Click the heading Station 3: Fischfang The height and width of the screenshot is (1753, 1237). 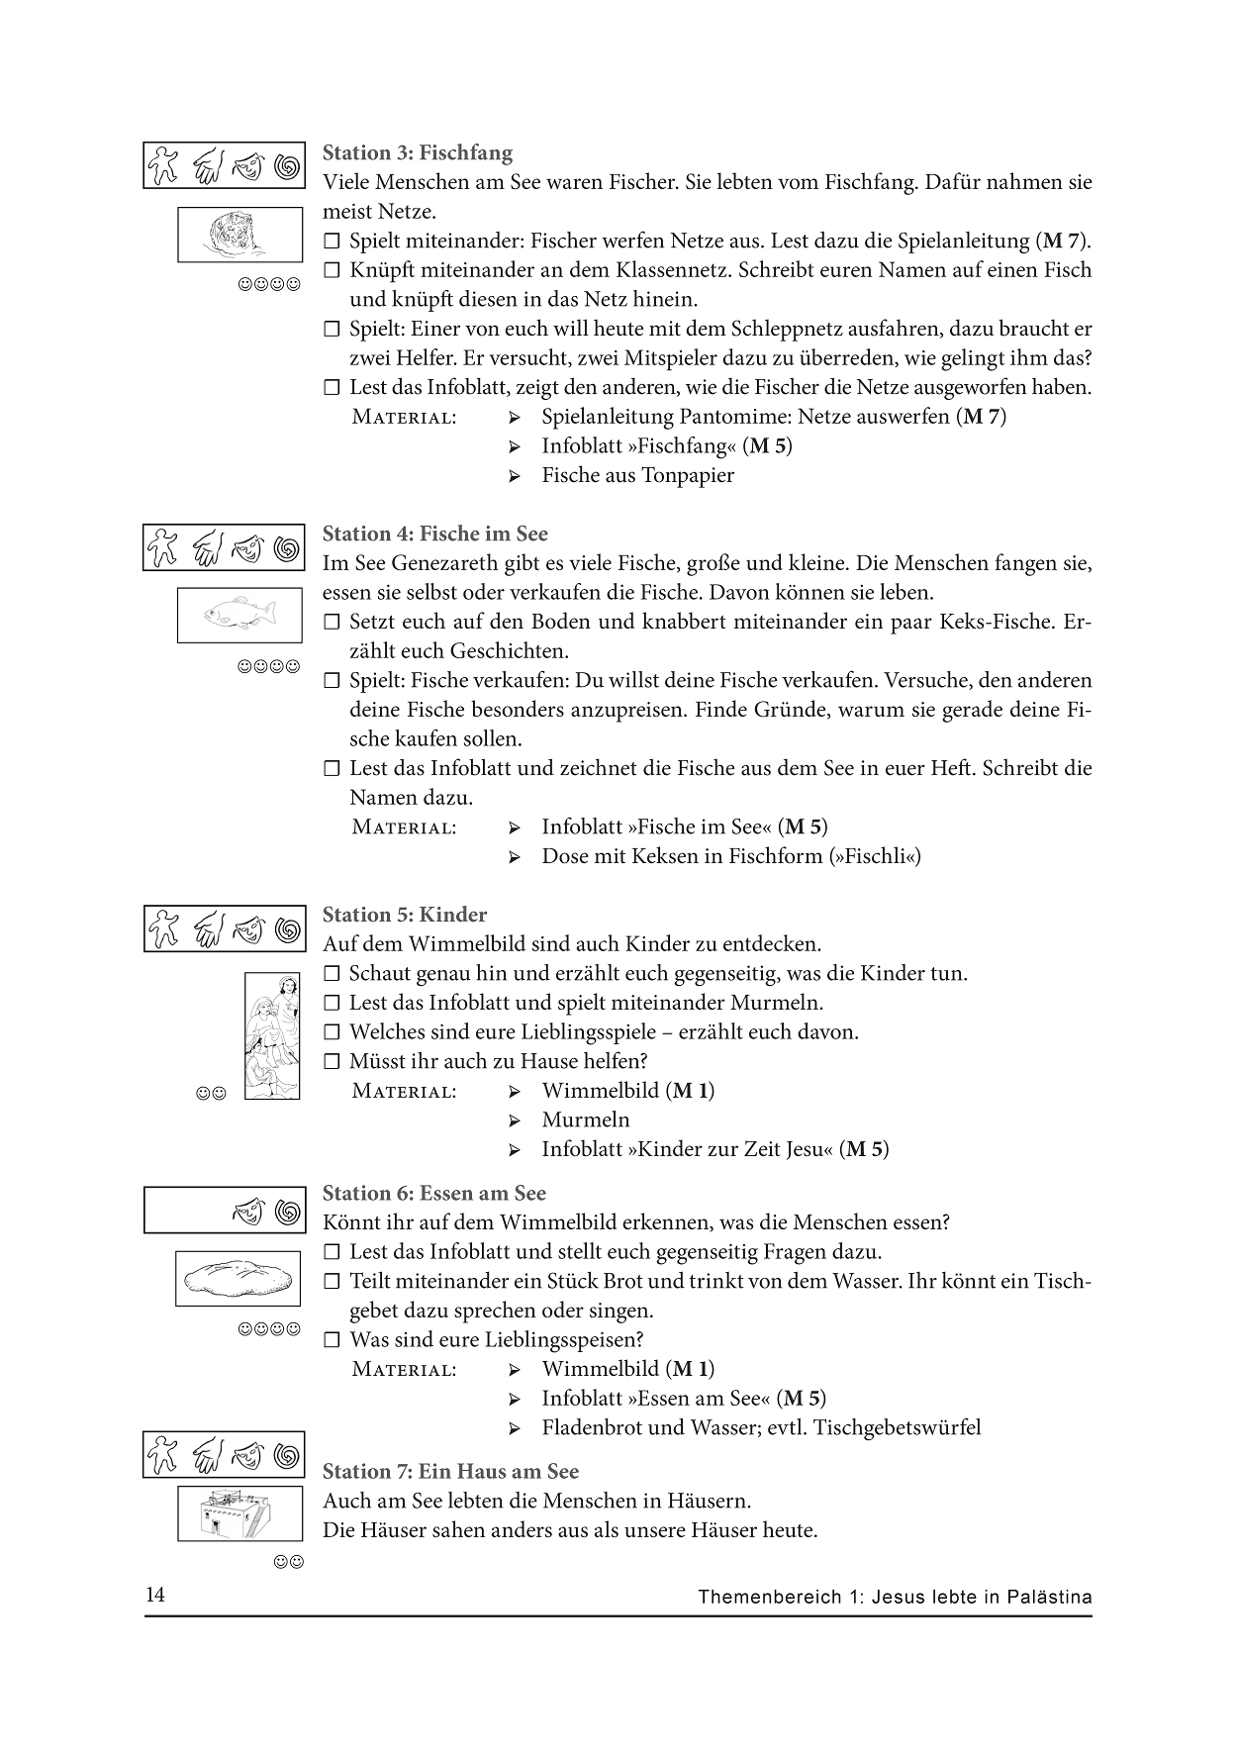click(x=418, y=153)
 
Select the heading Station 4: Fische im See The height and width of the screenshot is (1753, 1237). click(x=434, y=535)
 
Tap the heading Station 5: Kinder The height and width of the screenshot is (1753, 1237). click(x=405, y=916)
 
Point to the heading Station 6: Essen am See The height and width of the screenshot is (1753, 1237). click(x=434, y=1194)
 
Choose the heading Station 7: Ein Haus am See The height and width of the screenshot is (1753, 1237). click(x=450, y=1472)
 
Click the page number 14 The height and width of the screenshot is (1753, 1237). click(x=155, y=1596)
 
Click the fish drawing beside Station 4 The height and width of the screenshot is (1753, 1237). click(x=239, y=615)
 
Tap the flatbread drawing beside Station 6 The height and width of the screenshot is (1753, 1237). click(x=238, y=1278)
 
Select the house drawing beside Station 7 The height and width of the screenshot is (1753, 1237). click(x=239, y=1513)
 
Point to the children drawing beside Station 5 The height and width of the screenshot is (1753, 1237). click(x=272, y=1035)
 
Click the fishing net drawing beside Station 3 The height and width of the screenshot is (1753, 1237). click(x=239, y=235)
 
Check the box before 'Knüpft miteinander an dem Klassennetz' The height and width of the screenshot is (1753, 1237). click(x=332, y=270)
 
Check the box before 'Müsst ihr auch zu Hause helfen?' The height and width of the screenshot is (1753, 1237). click(x=332, y=1062)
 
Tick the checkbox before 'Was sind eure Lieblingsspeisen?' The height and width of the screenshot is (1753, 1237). click(x=332, y=1341)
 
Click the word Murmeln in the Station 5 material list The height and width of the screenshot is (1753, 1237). click(x=586, y=1120)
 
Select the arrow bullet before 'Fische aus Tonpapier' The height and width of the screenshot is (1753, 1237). click(x=515, y=476)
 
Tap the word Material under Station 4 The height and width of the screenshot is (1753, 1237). click(x=404, y=828)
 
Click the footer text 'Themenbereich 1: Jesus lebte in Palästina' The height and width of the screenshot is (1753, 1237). click(x=895, y=1597)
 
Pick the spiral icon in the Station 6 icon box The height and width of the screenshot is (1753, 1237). click(x=287, y=1212)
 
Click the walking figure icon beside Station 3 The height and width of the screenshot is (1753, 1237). click(x=162, y=165)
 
